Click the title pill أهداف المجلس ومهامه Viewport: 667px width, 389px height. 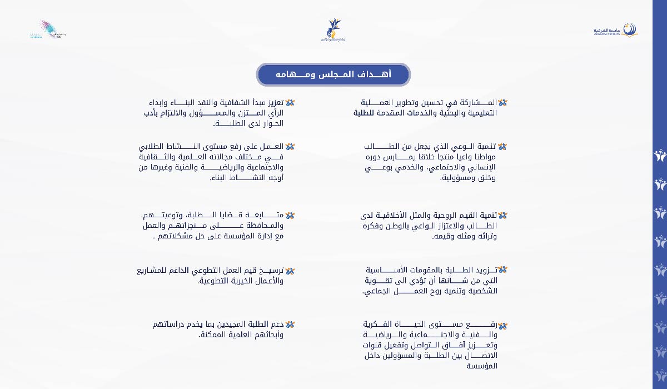click(x=333, y=74)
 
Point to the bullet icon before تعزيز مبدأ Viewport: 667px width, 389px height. click(x=290, y=102)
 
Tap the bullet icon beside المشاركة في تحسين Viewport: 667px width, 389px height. click(x=502, y=102)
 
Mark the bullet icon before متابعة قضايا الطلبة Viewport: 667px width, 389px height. click(x=290, y=215)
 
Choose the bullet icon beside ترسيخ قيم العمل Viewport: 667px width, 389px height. click(x=290, y=271)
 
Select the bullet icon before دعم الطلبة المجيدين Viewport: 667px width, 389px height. click(x=290, y=324)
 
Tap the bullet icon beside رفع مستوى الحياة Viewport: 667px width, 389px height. click(x=502, y=325)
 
